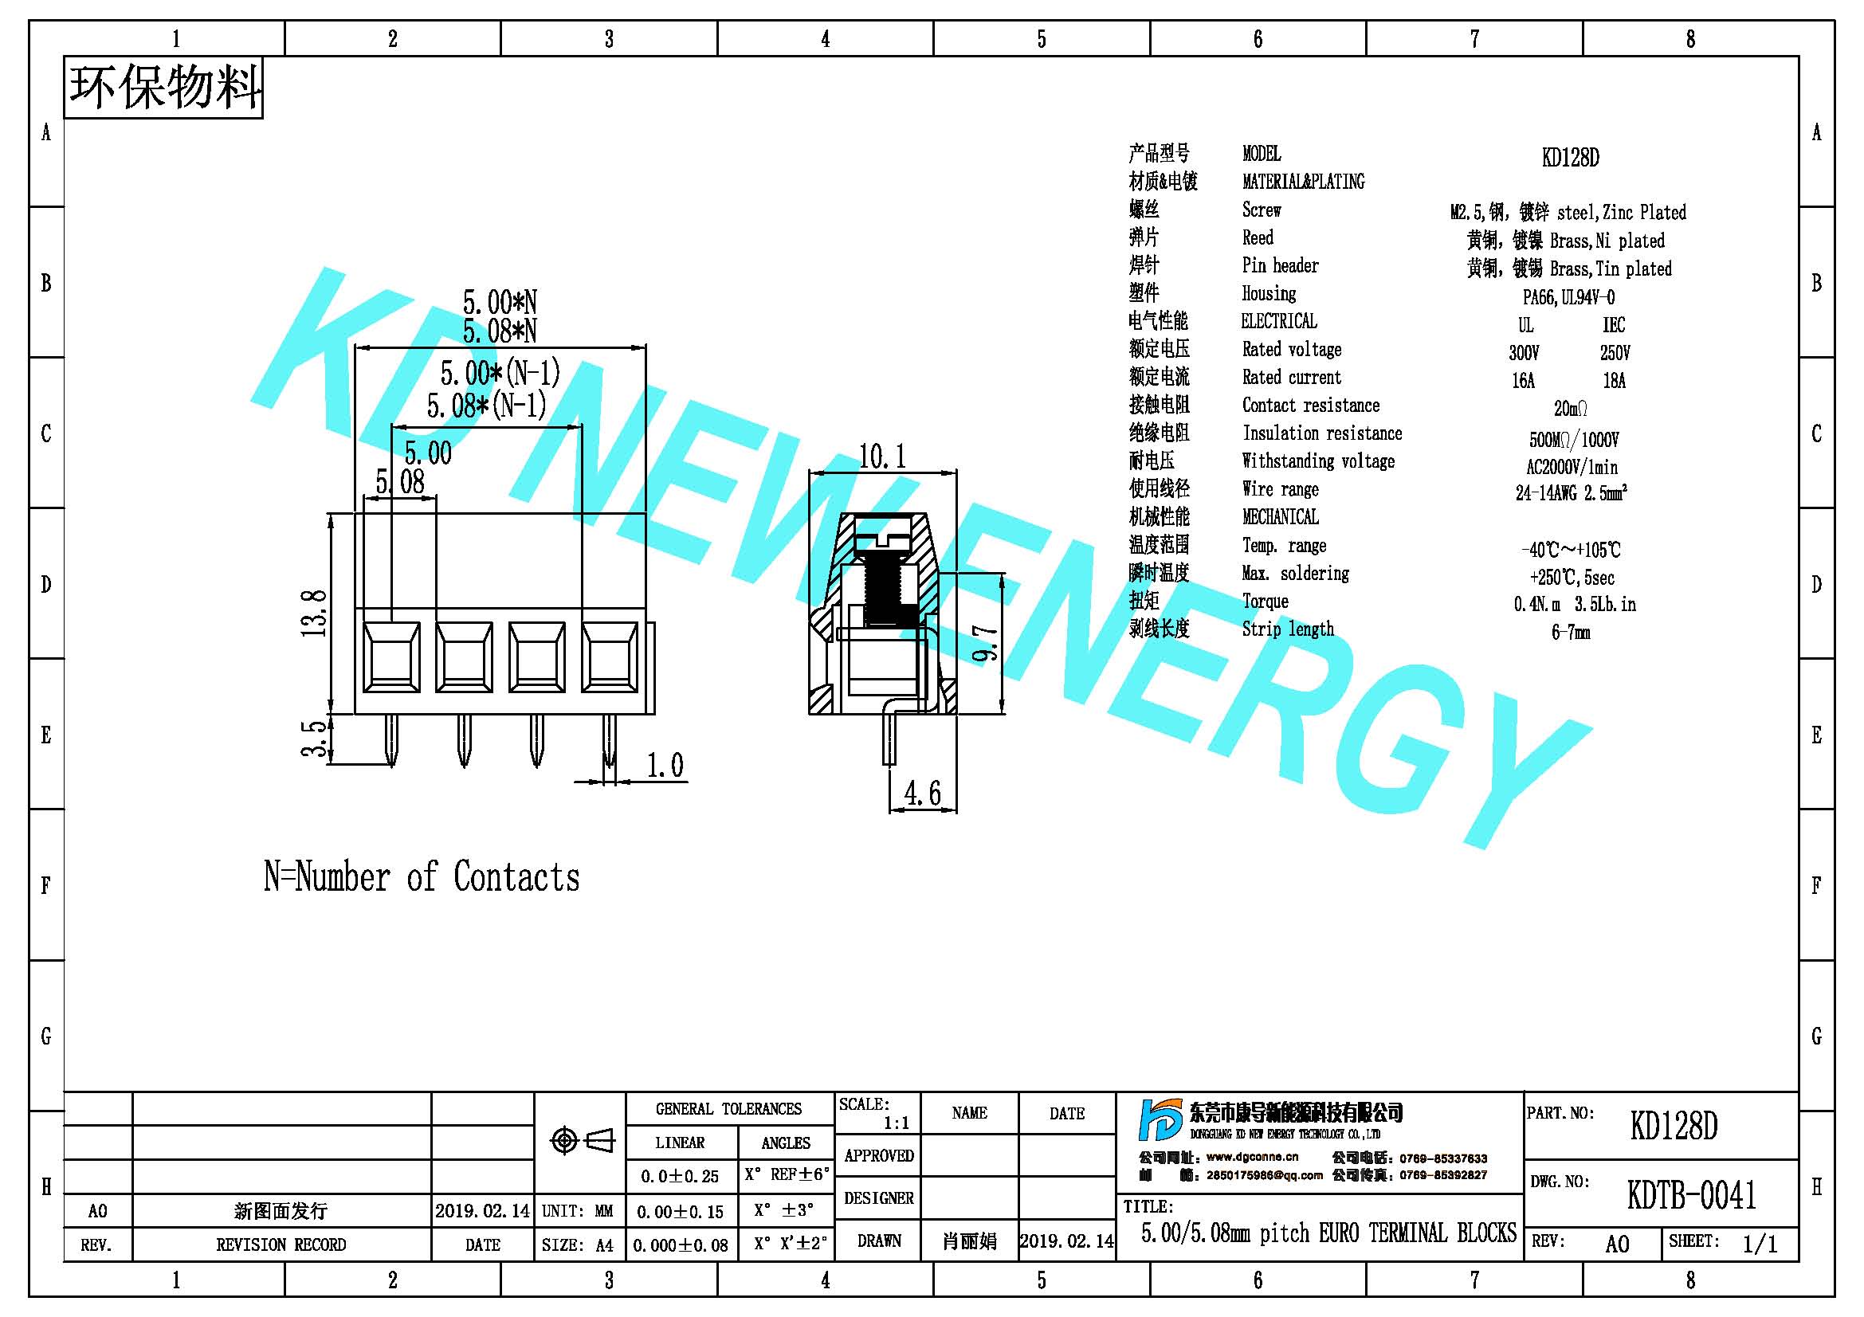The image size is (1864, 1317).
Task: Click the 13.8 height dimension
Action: click(x=314, y=613)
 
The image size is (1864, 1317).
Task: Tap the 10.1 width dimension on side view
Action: click(x=882, y=457)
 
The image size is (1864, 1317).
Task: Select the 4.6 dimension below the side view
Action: click(x=923, y=793)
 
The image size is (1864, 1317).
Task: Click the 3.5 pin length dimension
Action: click(x=314, y=738)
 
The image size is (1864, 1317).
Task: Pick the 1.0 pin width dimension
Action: click(x=665, y=765)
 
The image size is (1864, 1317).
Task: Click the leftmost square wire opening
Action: click(x=391, y=657)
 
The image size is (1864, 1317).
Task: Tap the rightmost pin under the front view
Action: click(x=609, y=740)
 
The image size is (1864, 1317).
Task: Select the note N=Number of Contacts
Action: click(x=422, y=877)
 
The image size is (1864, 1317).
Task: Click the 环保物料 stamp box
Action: click(x=163, y=88)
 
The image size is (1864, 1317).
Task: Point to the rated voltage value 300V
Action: click(x=1524, y=353)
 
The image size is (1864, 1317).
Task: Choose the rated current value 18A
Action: click(x=1614, y=381)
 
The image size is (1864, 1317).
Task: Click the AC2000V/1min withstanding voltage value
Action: click(x=1572, y=468)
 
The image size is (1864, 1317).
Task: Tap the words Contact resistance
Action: click(x=1310, y=405)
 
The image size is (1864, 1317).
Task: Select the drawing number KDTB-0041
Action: click(x=1692, y=1195)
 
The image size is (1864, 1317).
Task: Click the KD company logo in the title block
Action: click(x=1161, y=1121)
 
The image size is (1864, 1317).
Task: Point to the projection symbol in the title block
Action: click(x=582, y=1141)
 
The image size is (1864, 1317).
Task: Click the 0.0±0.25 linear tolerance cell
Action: click(x=680, y=1176)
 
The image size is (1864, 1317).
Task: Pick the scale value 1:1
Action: click(x=897, y=1123)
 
